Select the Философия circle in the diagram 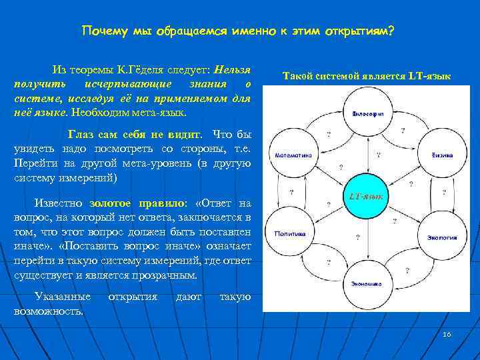[367, 114]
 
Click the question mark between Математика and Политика [291, 193]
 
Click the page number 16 [447, 333]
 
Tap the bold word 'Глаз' [81, 133]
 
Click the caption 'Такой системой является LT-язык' [367, 77]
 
